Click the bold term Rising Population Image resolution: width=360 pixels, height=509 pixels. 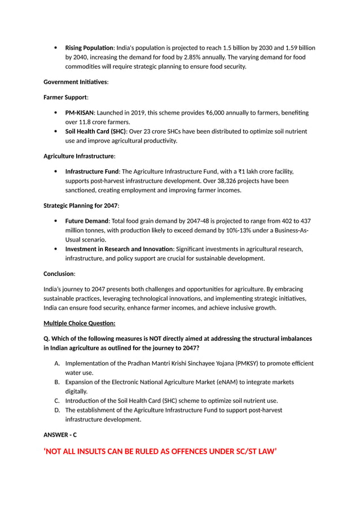click(x=89, y=47)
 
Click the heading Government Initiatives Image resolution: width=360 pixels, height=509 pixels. click(x=76, y=82)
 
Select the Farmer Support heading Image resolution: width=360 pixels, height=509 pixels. click(x=65, y=97)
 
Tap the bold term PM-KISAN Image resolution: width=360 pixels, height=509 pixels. click(x=80, y=113)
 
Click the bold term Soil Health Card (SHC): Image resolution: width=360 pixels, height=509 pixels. click(x=96, y=131)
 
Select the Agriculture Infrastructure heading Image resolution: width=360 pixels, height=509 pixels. click(x=79, y=156)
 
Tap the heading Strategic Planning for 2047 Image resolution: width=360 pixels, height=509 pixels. click(x=81, y=205)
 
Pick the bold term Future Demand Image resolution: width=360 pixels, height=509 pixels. click(x=86, y=221)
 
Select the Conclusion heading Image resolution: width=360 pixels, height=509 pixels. click(x=59, y=274)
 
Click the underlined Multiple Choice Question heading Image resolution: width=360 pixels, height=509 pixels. click(x=80, y=323)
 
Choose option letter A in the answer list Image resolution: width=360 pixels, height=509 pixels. click(x=58, y=363)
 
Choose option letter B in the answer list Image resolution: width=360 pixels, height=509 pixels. click(x=58, y=382)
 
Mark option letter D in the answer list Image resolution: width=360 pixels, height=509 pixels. click(x=58, y=410)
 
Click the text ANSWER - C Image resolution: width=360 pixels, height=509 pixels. click(x=60, y=435)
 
